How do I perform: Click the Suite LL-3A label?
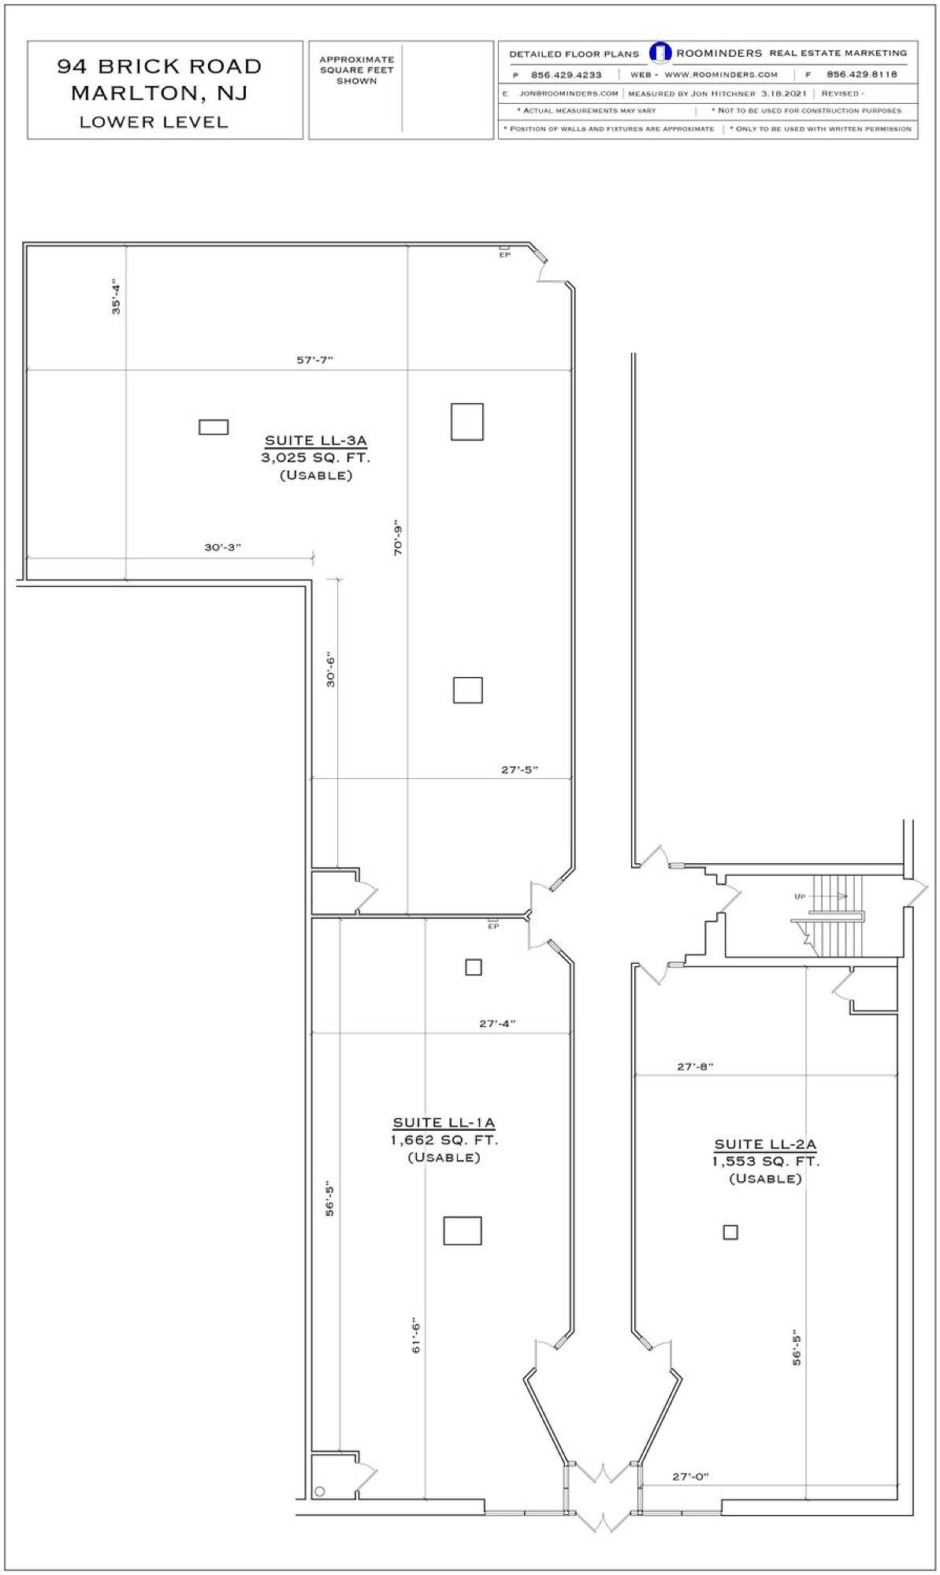(315, 441)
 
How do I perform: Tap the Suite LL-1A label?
(444, 1123)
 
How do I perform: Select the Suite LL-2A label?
(765, 1144)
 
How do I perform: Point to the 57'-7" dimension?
(314, 360)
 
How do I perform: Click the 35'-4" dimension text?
(117, 297)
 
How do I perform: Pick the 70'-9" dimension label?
(398, 538)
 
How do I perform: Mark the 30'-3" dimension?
(222, 547)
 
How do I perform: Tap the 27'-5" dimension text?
(519, 769)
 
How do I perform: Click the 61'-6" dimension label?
(416, 1336)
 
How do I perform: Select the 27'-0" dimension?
(690, 1477)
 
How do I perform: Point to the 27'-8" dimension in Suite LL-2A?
(695, 1066)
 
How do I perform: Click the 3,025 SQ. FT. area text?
(315, 458)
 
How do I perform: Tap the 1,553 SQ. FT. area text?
(765, 1162)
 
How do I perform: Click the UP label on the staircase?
(800, 897)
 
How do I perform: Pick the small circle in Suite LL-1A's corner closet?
(319, 1491)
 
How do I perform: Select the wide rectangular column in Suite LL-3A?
(214, 427)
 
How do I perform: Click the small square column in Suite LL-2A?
(730, 1232)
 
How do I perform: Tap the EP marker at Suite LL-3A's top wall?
(504, 254)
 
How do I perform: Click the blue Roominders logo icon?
(660, 53)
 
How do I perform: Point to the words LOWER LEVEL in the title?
(154, 122)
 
